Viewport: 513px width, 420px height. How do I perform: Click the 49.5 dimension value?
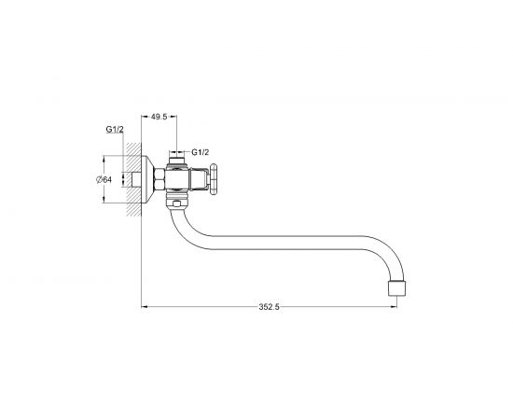coord(159,117)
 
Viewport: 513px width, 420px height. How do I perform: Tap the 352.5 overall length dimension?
coord(270,307)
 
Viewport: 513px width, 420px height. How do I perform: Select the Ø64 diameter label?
coord(104,179)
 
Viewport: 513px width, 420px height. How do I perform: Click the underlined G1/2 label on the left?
coord(115,130)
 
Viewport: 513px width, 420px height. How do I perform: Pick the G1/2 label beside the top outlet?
coord(201,152)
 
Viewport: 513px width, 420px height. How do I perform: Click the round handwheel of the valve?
coord(214,179)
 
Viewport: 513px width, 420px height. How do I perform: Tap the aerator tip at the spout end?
coord(396,288)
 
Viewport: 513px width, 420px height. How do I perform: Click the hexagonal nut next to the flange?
coord(159,179)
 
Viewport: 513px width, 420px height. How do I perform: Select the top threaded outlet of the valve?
coord(176,161)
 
